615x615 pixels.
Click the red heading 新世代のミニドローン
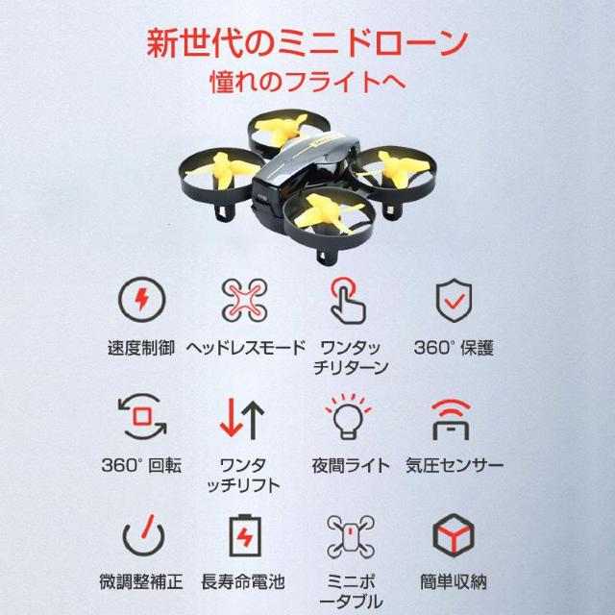[307, 42]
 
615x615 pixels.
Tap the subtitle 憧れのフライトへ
[307, 83]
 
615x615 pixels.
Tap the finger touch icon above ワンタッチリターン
[351, 300]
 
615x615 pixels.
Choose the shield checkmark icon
[454, 300]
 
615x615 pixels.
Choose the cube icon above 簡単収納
[454, 534]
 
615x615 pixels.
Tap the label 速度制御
[141, 347]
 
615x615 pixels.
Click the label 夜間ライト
[351, 465]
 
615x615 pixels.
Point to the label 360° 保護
[454, 347]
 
